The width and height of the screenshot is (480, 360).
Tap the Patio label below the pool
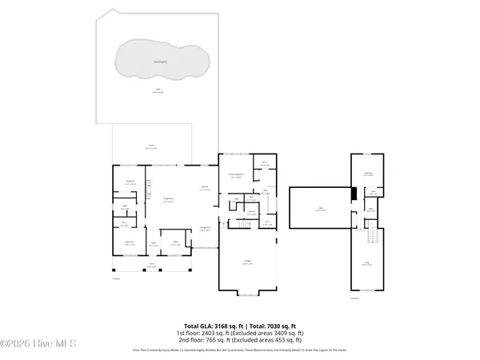point(158,91)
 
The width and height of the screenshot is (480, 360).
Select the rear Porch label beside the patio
point(150,147)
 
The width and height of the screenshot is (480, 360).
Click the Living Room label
point(169,200)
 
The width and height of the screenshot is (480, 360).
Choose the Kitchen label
point(204,188)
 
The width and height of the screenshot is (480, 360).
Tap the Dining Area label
point(205,229)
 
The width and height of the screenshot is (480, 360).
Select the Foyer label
point(152,245)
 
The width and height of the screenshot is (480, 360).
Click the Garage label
point(248,261)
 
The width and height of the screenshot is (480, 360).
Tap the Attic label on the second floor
point(321,209)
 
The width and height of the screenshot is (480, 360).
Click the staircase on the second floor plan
point(370,236)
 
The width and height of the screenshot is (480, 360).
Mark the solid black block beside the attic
point(354,194)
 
